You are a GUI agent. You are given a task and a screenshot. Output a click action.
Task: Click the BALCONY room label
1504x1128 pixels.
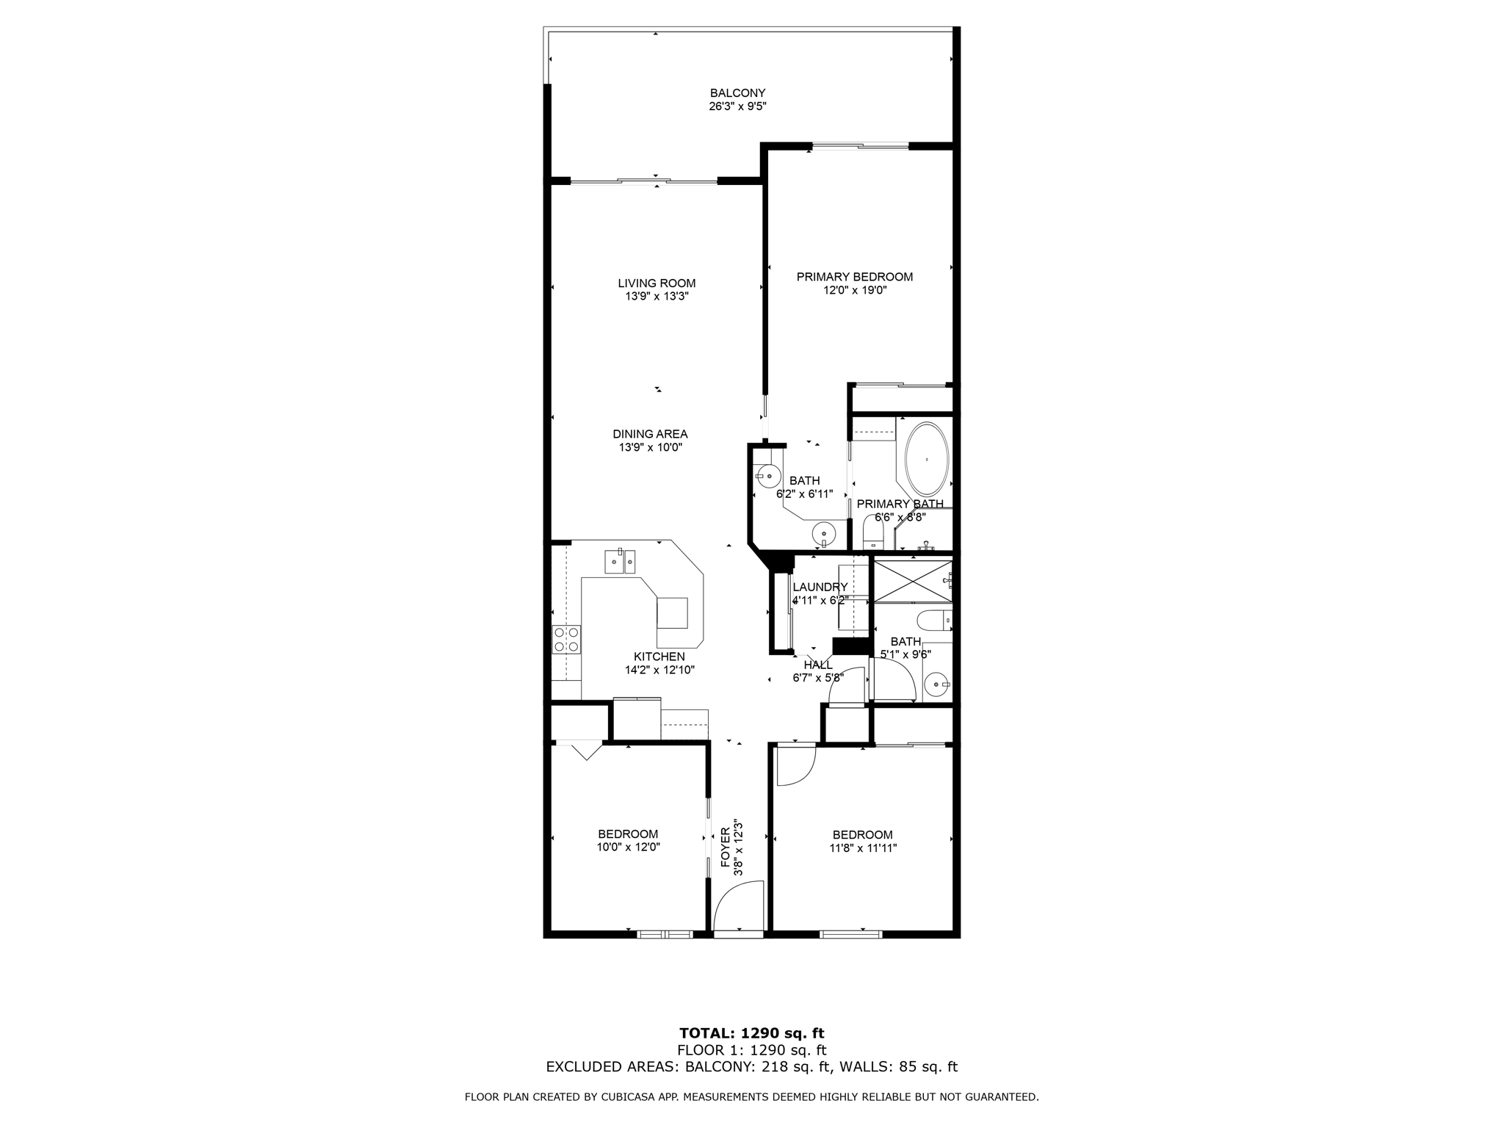point(737,93)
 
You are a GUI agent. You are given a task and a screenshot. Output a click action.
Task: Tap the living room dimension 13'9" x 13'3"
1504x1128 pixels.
point(657,297)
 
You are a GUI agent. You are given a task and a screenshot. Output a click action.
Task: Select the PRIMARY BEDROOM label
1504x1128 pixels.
point(855,277)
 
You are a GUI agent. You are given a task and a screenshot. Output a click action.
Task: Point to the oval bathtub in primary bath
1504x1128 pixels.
point(927,459)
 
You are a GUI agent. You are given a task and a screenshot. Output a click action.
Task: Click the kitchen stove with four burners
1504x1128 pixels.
point(566,639)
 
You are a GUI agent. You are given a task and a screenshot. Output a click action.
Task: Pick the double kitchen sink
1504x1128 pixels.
point(620,561)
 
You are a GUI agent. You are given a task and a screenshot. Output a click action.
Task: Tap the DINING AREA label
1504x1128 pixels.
point(650,434)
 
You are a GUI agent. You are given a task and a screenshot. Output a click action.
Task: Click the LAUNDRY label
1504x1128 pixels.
point(820,587)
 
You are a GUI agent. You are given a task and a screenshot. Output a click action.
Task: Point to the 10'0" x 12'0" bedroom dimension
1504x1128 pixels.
point(628,847)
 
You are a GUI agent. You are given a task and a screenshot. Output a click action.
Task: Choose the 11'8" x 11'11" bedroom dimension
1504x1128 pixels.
point(862,847)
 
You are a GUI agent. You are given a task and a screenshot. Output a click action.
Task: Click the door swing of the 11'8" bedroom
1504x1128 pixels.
point(795,765)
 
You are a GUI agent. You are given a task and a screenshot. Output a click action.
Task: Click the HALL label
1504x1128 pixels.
point(818,665)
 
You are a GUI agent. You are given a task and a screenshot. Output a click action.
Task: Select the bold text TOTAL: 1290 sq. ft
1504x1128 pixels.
point(751,1033)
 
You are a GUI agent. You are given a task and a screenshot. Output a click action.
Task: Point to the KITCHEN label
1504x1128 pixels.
point(659,657)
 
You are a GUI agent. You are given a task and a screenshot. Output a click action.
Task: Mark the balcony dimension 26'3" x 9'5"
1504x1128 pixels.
point(737,106)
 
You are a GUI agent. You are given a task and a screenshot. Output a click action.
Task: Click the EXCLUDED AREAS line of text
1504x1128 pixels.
point(751,1067)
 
